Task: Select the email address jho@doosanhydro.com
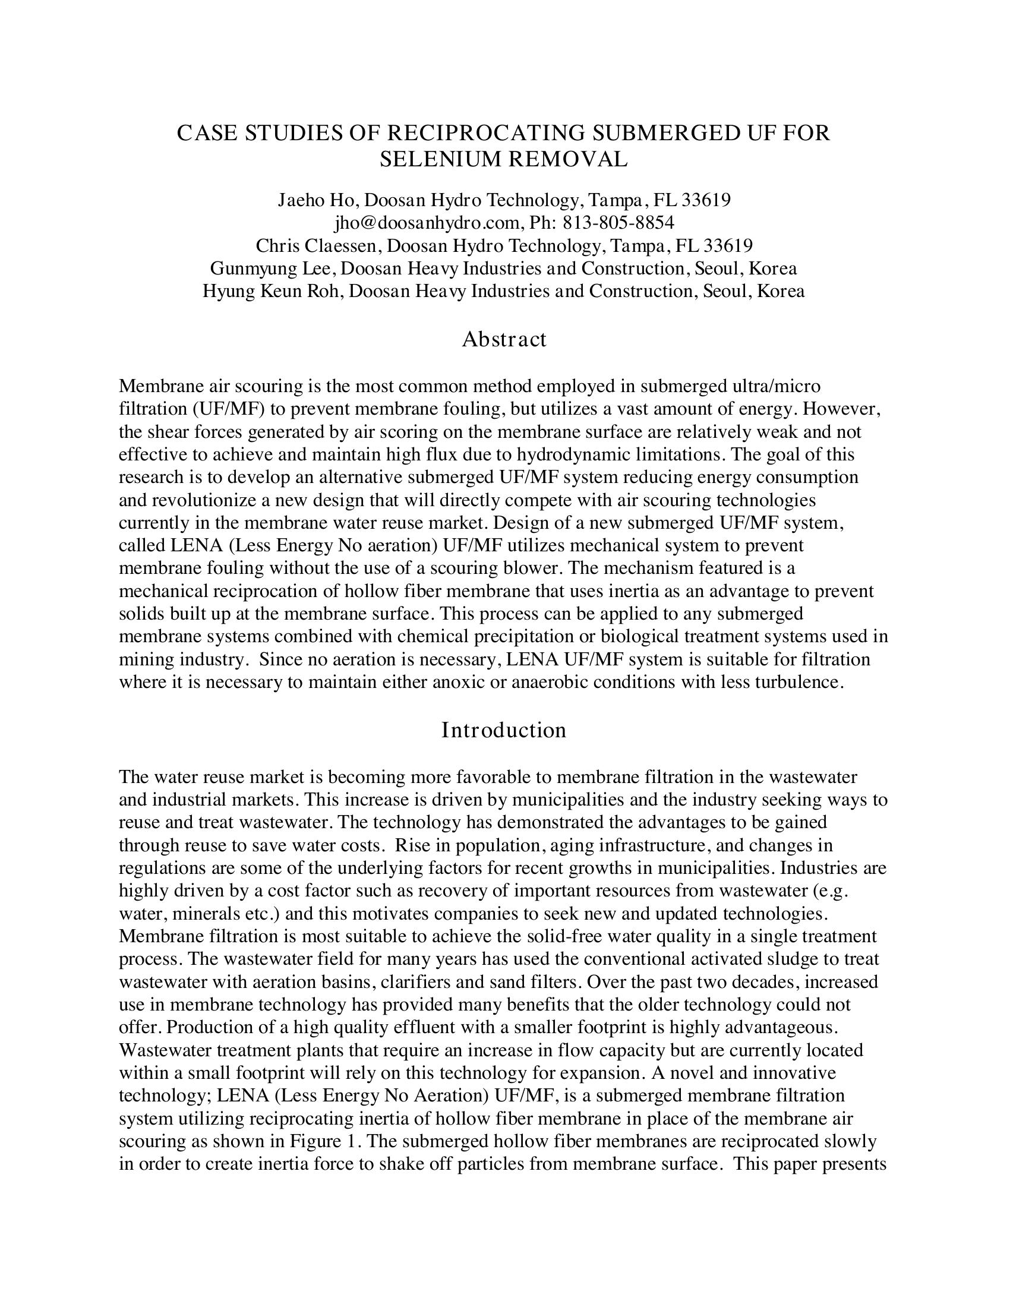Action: pyautogui.click(x=427, y=223)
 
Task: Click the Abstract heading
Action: pyautogui.click(x=504, y=339)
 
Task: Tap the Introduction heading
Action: pyautogui.click(x=504, y=730)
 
